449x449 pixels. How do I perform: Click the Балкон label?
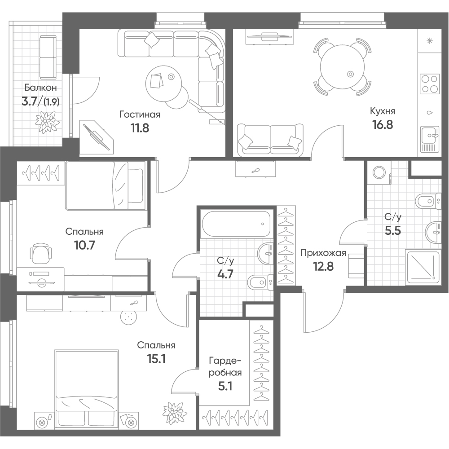click(40, 88)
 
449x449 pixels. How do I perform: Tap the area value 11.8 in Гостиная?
click(140, 128)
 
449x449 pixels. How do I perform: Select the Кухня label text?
click(383, 111)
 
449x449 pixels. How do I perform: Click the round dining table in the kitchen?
click(343, 67)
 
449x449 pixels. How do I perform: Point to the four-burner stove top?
click(430, 84)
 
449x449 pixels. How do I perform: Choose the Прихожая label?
click(323, 253)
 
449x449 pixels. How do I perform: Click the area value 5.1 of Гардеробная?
click(225, 387)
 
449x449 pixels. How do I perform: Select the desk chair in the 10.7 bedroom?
click(41, 253)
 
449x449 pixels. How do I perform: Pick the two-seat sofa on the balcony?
click(48, 57)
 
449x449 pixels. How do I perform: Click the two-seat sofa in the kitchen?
click(270, 140)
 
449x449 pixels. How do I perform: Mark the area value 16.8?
click(383, 124)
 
